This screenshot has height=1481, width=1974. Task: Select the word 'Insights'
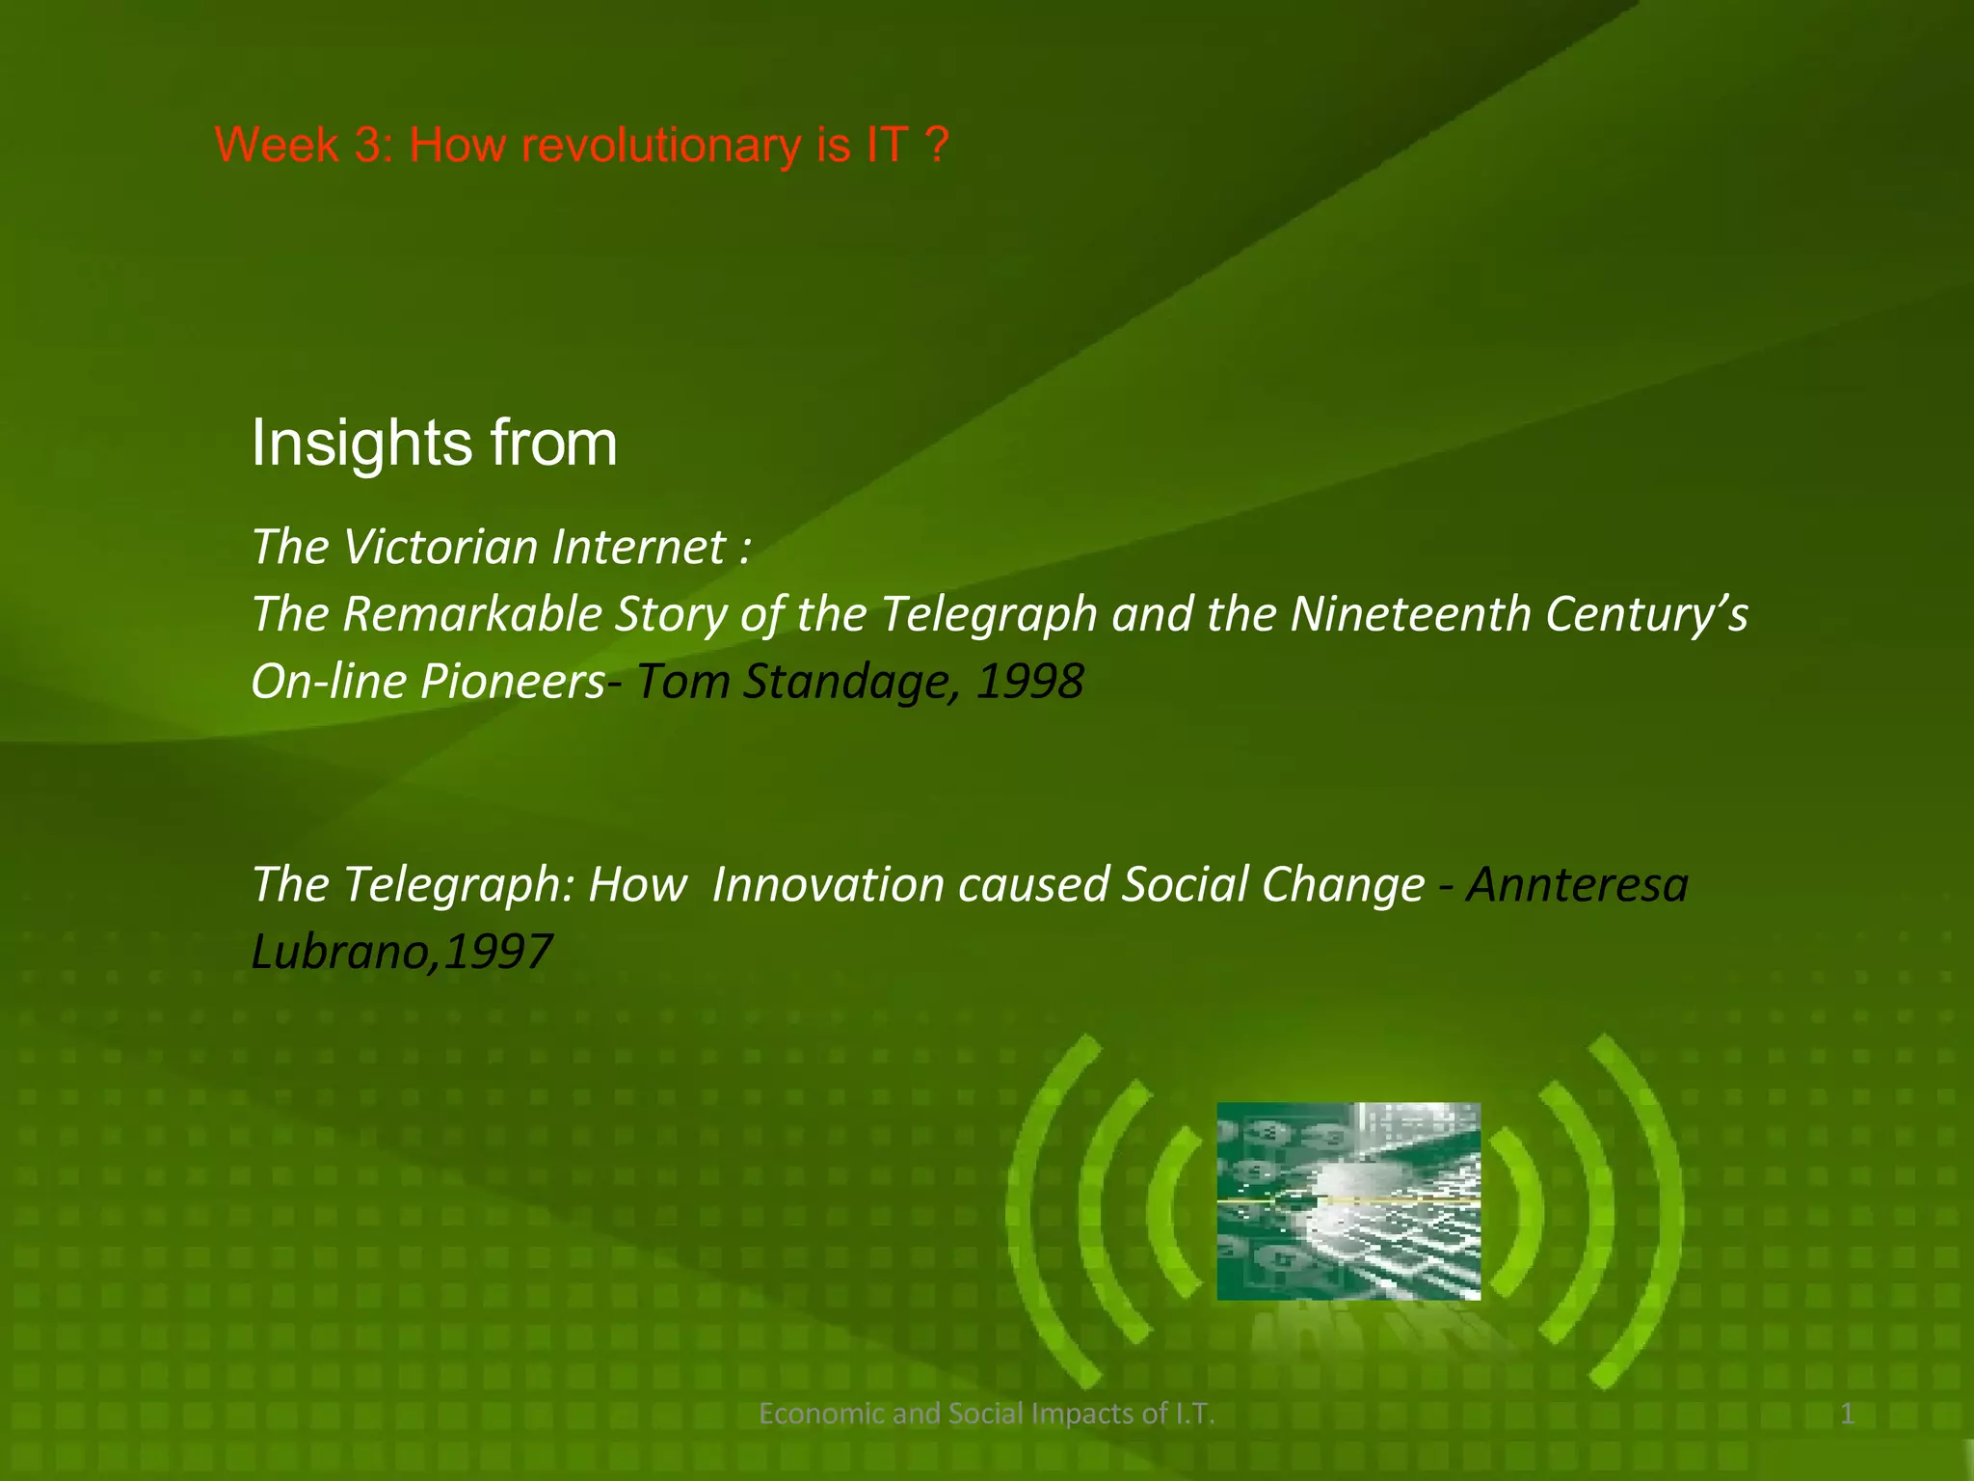[361, 444]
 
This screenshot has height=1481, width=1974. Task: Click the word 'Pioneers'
[512, 683]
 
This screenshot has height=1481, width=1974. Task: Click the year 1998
[1029, 683]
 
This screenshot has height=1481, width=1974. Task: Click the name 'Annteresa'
[1577, 885]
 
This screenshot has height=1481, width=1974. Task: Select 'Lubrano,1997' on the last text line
[401, 953]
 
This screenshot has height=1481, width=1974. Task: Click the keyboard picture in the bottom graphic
[1347, 1201]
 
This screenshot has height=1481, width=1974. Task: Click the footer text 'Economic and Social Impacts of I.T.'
[986, 1414]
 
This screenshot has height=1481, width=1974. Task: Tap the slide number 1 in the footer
[1847, 1414]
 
